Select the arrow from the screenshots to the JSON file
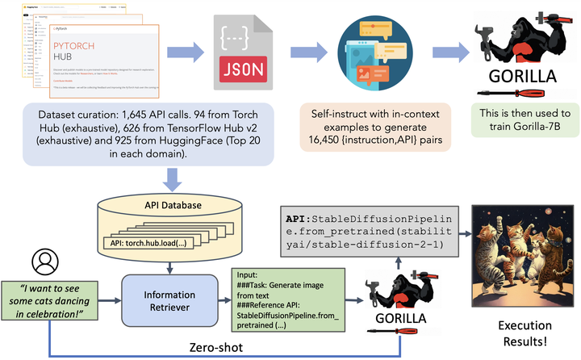coord(190,53)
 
